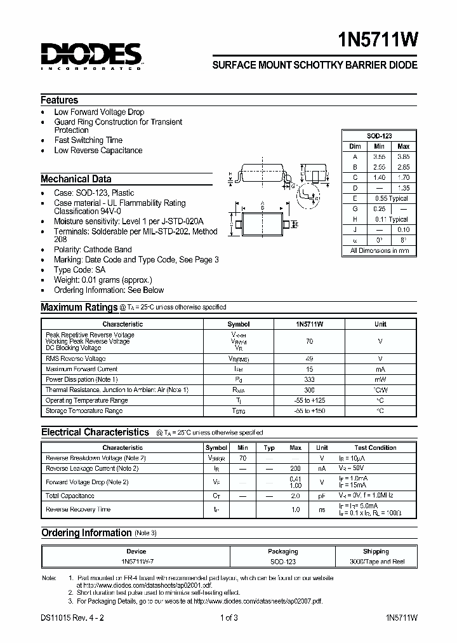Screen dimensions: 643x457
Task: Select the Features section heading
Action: tap(60, 100)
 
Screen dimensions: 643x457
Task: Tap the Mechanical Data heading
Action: tap(76, 179)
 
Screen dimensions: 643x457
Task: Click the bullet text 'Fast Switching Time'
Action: tap(88, 140)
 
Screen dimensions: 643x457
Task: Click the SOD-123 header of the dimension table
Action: tap(379, 137)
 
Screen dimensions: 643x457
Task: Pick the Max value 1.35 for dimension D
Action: tap(402, 189)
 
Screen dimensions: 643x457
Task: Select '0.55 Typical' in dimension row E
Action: tap(390, 199)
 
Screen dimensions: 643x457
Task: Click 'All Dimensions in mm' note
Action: tap(380, 251)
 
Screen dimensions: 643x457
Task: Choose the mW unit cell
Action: tap(380, 379)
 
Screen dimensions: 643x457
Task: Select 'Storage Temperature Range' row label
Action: tap(84, 411)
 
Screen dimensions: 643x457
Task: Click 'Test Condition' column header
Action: tap(375, 448)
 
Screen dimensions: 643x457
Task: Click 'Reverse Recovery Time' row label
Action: tap(78, 510)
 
